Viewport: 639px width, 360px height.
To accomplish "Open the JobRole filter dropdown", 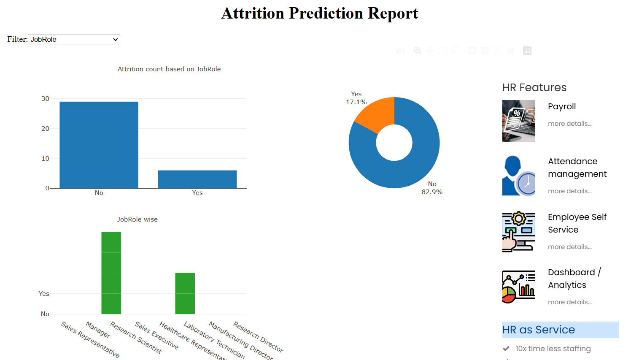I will click(x=74, y=39).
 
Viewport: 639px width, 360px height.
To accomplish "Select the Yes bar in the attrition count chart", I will click(x=197, y=179).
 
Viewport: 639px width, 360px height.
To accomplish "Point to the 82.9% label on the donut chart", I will click(x=432, y=192).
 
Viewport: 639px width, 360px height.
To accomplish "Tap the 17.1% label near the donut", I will click(x=356, y=102).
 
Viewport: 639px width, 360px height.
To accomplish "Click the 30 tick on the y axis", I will click(x=45, y=99).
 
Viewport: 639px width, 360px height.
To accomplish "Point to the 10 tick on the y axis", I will click(x=45, y=159).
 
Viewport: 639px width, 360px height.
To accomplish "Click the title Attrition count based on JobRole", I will click(x=169, y=69).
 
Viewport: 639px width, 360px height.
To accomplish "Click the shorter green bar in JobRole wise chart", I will click(x=185, y=293).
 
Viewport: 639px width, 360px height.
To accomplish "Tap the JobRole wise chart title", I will click(x=138, y=219).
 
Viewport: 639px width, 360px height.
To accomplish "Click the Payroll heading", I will click(x=562, y=106).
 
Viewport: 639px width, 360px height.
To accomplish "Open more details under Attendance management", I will click(x=569, y=191).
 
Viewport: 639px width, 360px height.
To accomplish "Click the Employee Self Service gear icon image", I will click(x=519, y=232).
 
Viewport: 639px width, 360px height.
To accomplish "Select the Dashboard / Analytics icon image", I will click(x=519, y=287).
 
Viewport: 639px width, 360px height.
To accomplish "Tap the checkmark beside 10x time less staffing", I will click(x=506, y=349).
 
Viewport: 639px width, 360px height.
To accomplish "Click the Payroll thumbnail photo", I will click(x=519, y=121).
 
